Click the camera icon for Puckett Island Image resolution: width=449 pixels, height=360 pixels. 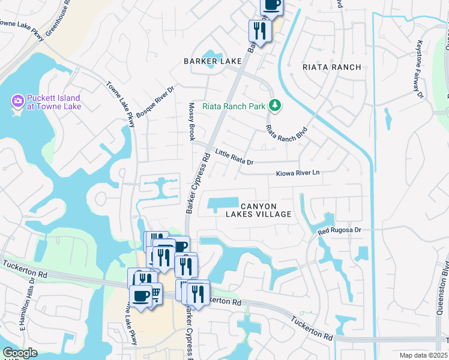pyautogui.click(x=17, y=100)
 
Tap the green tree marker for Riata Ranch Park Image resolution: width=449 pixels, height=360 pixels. pyautogui.click(x=275, y=106)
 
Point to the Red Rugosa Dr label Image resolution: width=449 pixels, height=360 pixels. pyautogui.click(x=340, y=230)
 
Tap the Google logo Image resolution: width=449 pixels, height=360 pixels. pyautogui.click(x=20, y=353)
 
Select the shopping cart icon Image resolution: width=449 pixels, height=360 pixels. pyautogui.click(x=154, y=293)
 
